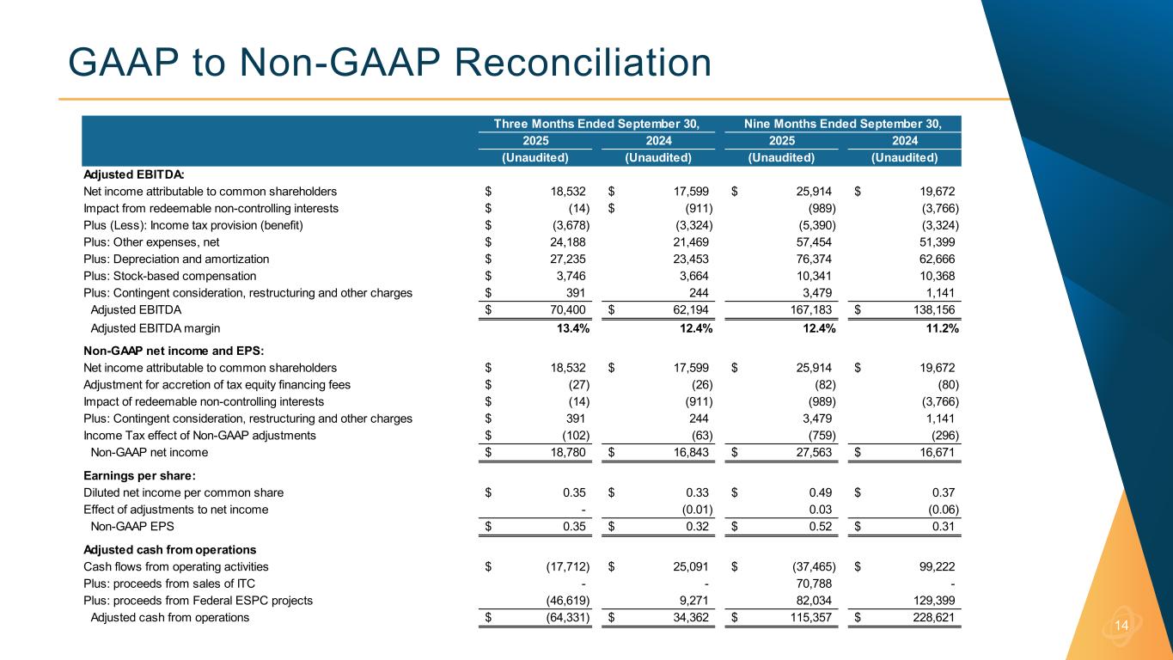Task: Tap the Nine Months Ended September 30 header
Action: click(x=841, y=124)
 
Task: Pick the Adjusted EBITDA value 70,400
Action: click(x=565, y=309)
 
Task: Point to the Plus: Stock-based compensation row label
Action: click(x=169, y=276)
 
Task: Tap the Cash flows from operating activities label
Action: click(x=176, y=566)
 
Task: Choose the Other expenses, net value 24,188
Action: click(x=565, y=241)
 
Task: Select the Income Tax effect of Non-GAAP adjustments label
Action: click(x=199, y=435)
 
